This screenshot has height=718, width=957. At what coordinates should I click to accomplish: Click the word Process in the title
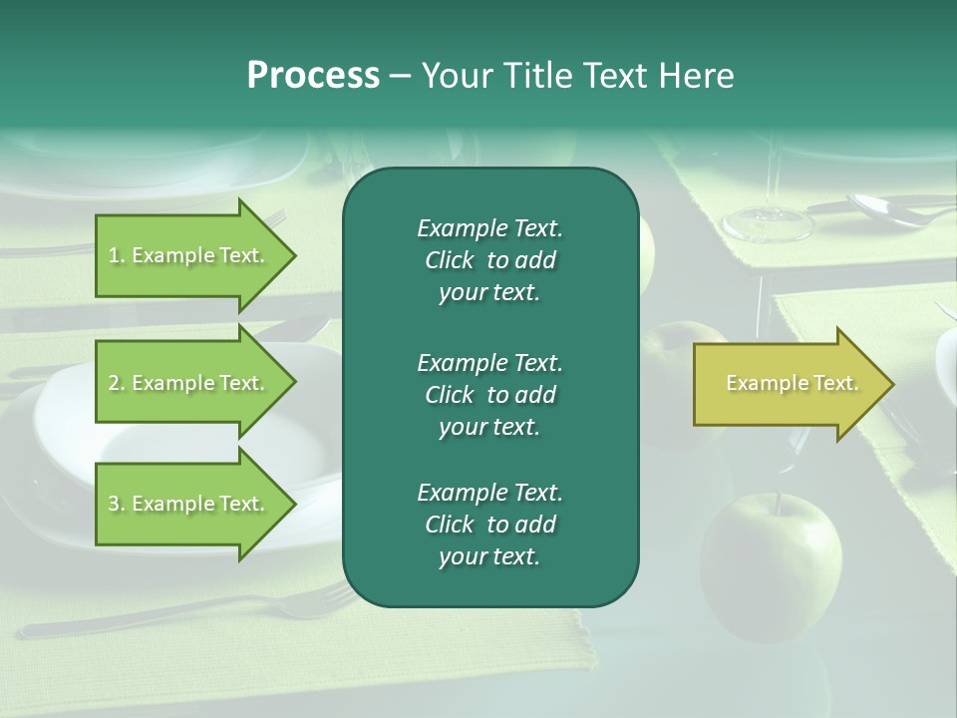[313, 76]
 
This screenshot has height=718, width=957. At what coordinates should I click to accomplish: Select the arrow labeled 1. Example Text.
[189, 255]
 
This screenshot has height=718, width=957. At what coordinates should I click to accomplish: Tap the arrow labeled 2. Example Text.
[189, 383]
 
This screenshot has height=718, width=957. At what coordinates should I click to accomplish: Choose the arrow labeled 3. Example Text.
[189, 504]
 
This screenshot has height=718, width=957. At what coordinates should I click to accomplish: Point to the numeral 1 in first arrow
[113, 255]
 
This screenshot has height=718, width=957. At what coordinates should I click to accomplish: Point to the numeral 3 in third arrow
[113, 504]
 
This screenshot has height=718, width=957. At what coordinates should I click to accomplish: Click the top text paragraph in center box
[489, 260]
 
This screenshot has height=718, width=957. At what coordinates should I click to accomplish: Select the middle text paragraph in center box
[489, 394]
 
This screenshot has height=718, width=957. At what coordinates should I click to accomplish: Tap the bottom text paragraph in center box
[489, 525]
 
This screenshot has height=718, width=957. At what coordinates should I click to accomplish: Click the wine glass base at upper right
[768, 224]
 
